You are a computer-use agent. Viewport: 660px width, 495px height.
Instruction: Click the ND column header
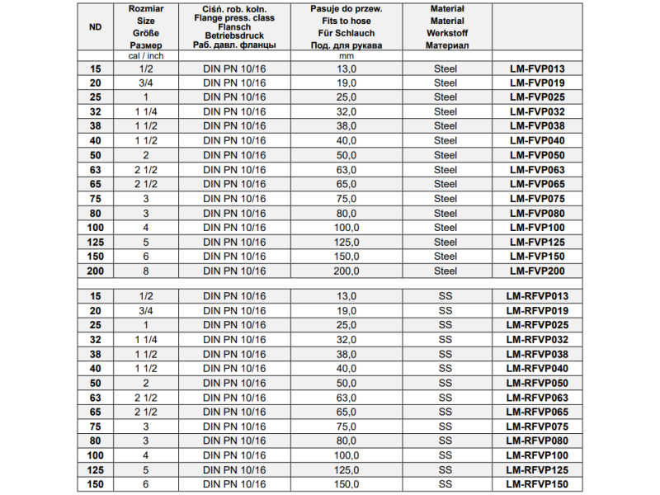point(95,26)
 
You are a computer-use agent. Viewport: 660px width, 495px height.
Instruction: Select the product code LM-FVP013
point(537,68)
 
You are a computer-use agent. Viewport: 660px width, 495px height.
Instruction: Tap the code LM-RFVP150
point(537,484)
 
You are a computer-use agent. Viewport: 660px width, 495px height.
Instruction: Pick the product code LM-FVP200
point(537,271)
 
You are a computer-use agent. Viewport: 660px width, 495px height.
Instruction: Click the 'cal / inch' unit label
point(146,55)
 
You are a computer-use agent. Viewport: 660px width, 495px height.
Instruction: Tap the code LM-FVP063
point(537,170)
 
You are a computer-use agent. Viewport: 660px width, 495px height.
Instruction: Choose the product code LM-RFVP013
point(537,296)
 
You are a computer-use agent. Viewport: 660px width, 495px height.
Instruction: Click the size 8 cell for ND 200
point(146,271)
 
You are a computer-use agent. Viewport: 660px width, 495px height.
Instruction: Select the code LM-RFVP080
point(537,441)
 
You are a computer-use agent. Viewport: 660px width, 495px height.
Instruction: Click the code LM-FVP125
point(537,242)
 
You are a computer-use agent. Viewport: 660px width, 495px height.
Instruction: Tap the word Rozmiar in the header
point(146,8)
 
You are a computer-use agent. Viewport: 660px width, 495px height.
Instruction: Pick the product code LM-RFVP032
point(537,340)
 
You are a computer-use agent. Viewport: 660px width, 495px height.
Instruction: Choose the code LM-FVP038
point(537,126)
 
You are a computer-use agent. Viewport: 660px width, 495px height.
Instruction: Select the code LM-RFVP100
point(537,455)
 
